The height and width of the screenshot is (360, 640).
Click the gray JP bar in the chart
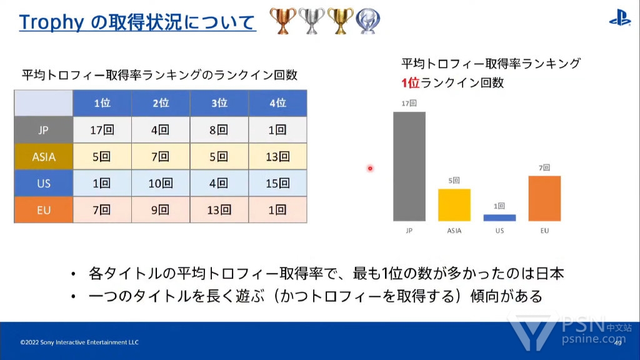[x=409, y=166]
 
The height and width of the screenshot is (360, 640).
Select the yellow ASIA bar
[x=454, y=205]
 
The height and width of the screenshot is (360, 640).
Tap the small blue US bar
[x=499, y=218]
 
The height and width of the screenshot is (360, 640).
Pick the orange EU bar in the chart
[x=544, y=198]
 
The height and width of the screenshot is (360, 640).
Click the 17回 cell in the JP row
[x=102, y=130]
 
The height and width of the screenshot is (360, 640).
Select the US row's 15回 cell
[x=277, y=183]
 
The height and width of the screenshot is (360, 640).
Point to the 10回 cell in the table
[x=161, y=183]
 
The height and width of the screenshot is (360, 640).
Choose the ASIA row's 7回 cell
[x=161, y=157]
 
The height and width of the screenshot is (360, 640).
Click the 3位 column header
[x=219, y=103]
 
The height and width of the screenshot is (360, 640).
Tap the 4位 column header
[x=277, y=103]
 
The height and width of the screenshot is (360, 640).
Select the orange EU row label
[x=44, y=210]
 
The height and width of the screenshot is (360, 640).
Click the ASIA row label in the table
[x=44, y=157]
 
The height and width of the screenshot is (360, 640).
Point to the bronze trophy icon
[x=282, y=21]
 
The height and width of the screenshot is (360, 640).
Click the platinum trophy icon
[x=367, y=21]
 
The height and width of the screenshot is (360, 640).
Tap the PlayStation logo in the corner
[x=619, y=18]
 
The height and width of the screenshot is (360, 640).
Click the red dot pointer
[x=370, y=168]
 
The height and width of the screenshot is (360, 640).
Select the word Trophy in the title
[x=51, y=22]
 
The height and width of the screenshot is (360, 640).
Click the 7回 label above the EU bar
[x=544, y=167]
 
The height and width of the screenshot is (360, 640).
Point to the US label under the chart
[x=499, y=231]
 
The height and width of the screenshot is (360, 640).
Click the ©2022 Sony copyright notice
[x=79, y=342]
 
